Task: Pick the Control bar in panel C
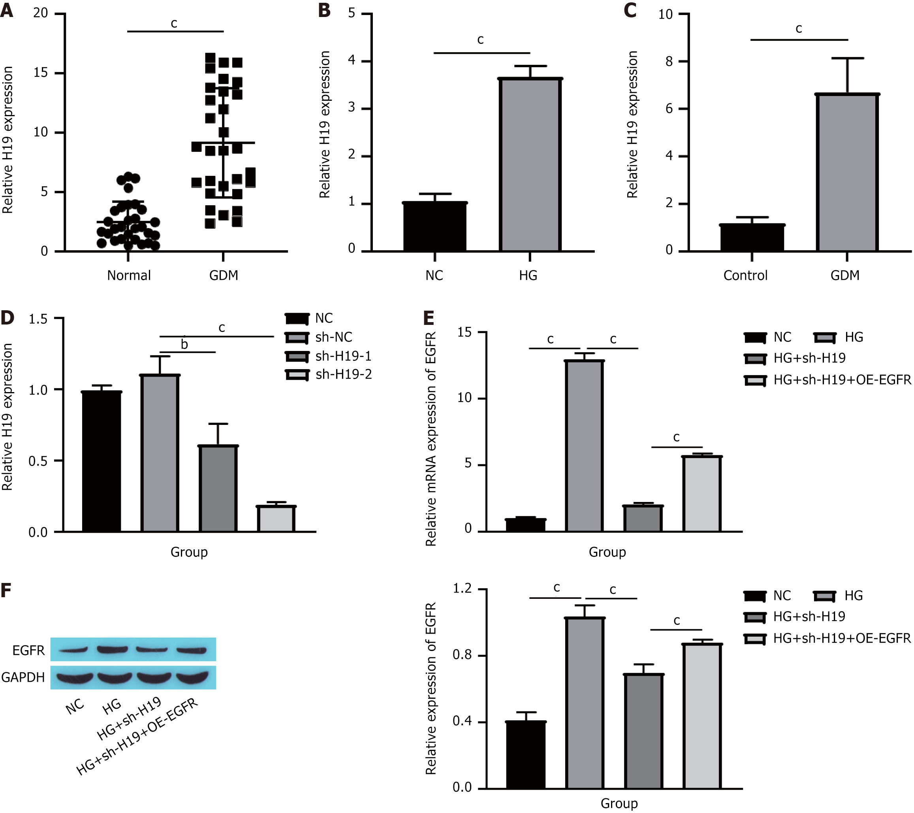[x=752, y=238]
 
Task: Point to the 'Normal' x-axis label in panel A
[x=129, y=275]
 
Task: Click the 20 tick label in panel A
[x=41, y=13]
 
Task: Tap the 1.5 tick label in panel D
[x=38, y=319]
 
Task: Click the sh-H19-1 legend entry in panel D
[x=343, y=356]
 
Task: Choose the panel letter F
[x=6, y=590]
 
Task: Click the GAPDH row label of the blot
[x=23, y=677]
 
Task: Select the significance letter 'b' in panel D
[x=184, y=344]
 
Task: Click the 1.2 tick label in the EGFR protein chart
[x=463, y=589]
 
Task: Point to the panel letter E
[x=429, y=318]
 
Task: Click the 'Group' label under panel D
[x=189, y=552]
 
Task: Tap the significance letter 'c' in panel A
[x=174, y=23]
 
